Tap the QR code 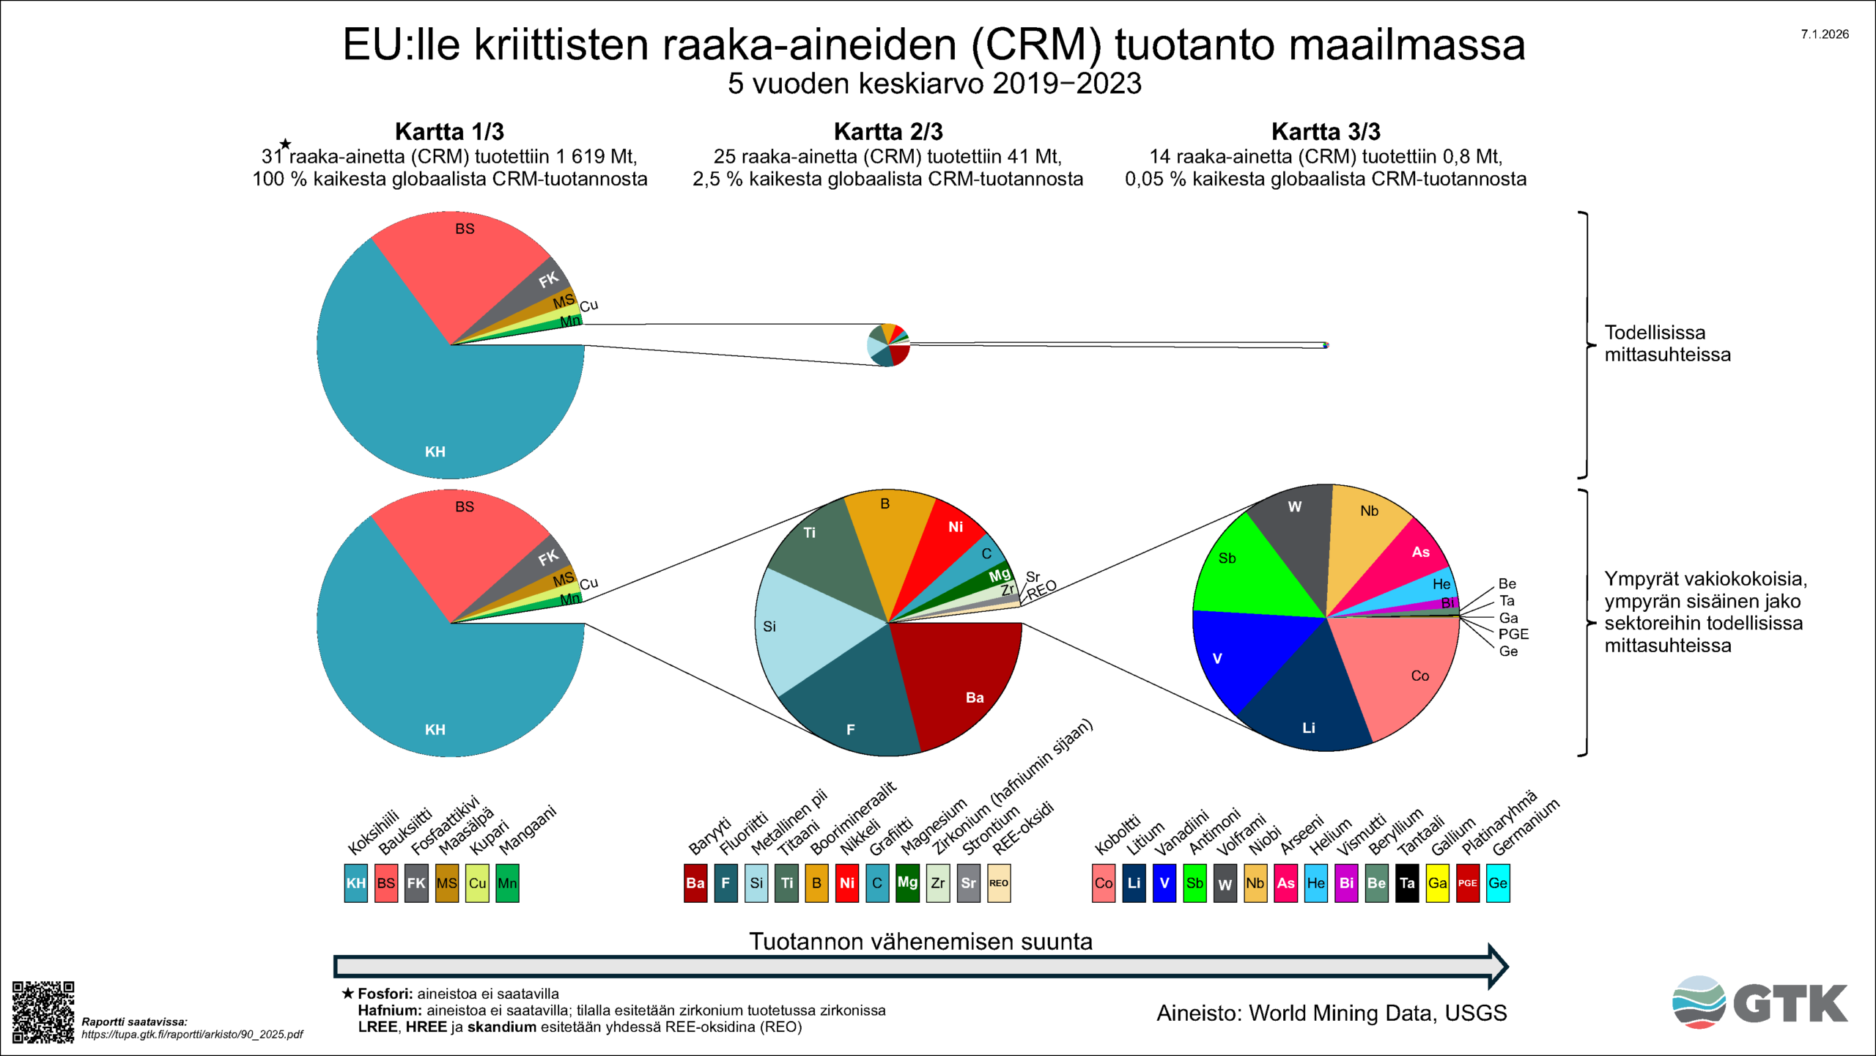pyautogui.click(x=43, y=1011)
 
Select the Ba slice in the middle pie pyautogui.click(x=960, y=682)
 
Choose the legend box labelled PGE pyautogui.click(x=1467, y=883)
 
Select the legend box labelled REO pyautogui.click(x=998, y=883)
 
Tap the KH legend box pyautogui.click(x=355, y=883)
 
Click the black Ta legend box pyautogui.click(x=1407, y=883)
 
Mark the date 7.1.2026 pyautogui.click(x=1825, y=34)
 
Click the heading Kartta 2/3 pyautogui.click(x=888, y=132)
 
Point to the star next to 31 pyautogui.click(x=286, y=144)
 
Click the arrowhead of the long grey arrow pyautogui.click(x=1497, y=966)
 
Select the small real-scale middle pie pyautogui.click(x=888, y=344)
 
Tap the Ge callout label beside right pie pyautogui.click(x=1508, y=651)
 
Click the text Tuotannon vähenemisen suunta pyautogui.click(x=920, y=942)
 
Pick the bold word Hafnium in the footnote pyautogui.click(x=389, y=1011)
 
